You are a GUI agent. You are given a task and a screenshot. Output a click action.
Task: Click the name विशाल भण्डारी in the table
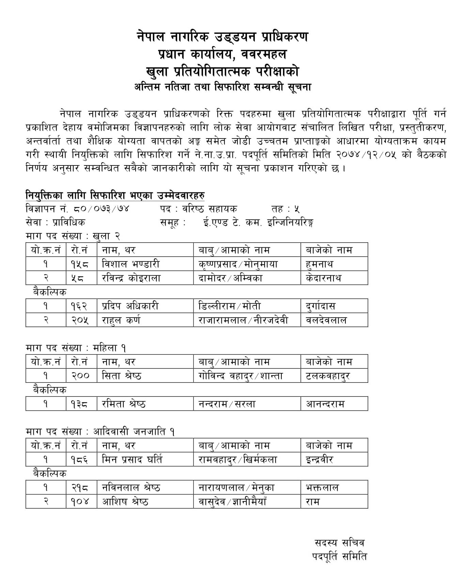point(130,264)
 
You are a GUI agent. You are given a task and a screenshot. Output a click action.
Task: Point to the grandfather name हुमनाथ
point(319,264)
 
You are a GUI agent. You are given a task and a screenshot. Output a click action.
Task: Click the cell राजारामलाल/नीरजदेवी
point(243,320)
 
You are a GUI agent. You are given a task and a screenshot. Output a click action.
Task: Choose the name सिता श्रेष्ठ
point(122,376)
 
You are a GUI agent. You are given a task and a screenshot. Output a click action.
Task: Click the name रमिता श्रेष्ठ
point(124,404)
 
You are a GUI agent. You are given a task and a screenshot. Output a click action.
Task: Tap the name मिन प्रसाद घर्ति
point(132,460)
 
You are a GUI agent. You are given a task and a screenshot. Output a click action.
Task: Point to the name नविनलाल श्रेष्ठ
point(131,488)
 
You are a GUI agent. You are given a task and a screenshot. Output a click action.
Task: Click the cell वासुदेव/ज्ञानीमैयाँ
point(232,502)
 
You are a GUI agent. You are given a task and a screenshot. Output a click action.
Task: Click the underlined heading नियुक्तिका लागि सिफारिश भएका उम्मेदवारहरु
point(115,196)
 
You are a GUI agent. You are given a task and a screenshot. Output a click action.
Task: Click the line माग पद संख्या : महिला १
point(76,348)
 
